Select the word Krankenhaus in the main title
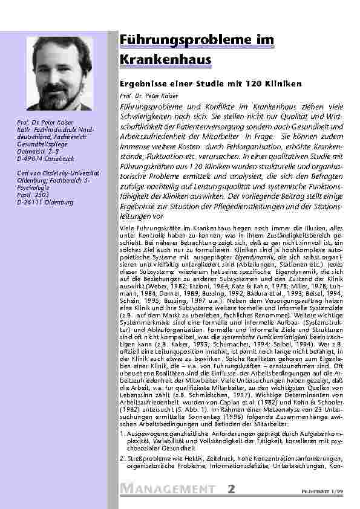click(156, 60)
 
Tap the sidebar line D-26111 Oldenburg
click(45, 201)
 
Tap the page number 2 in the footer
click(231, 488)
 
